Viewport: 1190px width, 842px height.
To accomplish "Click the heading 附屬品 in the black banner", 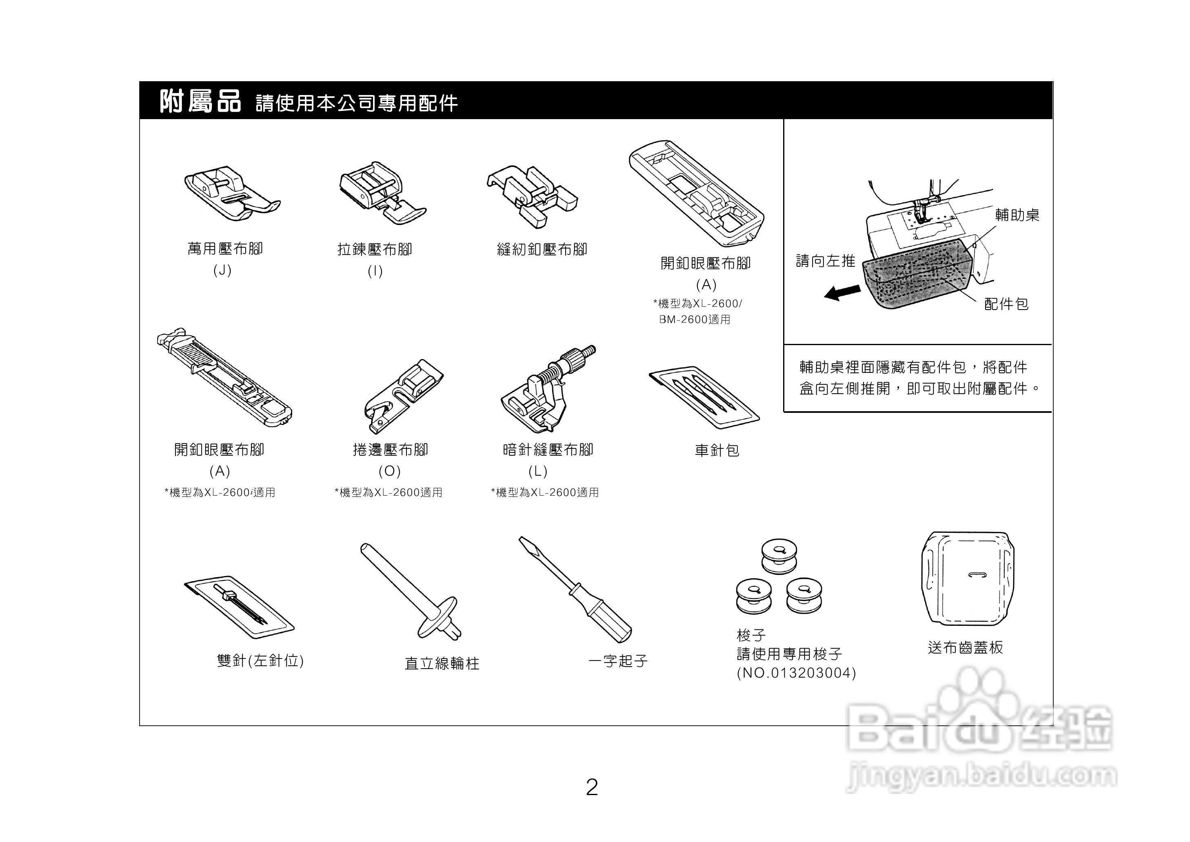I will click(x=200, y=101).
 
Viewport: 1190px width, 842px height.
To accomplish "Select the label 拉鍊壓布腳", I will click(x=374, y=249).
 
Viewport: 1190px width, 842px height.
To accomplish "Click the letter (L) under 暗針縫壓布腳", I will click(x=538, y=471).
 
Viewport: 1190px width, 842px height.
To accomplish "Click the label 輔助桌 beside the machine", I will click(x=1017, y=215).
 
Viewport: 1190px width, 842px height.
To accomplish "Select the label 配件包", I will click(x=1006, y=304).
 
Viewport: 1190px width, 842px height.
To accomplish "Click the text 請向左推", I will click(x=825, y=261).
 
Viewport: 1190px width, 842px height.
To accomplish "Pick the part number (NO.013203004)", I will click(x=796, y=673).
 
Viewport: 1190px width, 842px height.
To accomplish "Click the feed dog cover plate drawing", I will click(x=967, y=580).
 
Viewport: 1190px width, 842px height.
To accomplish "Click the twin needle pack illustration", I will click(x=239, y=607).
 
